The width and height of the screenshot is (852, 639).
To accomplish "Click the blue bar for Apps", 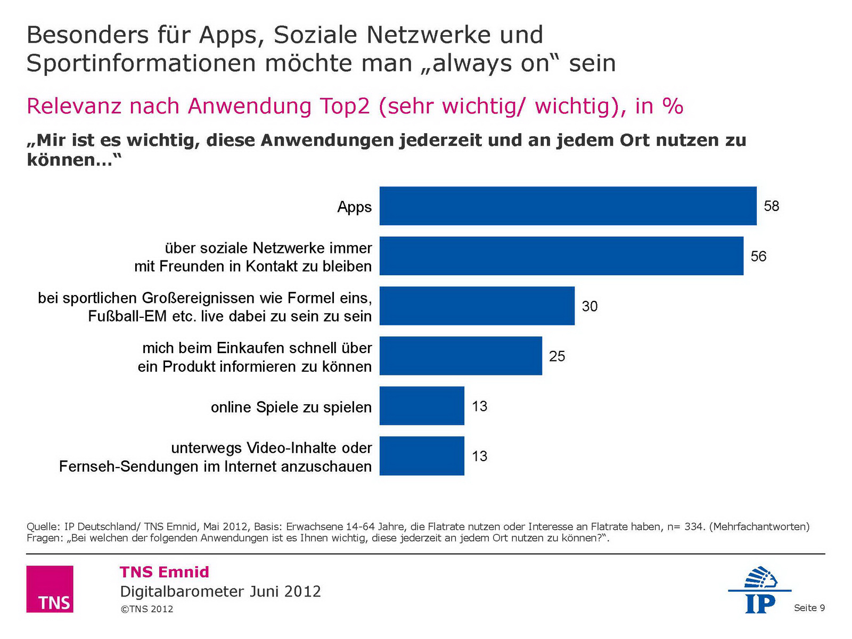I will pos(568,206).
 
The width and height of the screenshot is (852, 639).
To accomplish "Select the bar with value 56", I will pos(561,256).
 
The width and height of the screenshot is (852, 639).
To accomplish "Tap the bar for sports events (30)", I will pos(477,306).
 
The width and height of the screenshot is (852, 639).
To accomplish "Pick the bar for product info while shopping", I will pos(461,356).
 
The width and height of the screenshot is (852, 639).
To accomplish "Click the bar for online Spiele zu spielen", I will pos(422,406).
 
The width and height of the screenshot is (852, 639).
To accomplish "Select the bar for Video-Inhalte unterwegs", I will pos(422,456).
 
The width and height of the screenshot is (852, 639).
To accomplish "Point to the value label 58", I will pos(772,206).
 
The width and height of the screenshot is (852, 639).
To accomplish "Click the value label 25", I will pos(557,356).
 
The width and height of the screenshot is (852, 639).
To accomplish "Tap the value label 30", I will pos(589,306).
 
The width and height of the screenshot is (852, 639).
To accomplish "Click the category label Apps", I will pos(355,207).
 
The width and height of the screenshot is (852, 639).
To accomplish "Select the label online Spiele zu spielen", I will pos(291,407).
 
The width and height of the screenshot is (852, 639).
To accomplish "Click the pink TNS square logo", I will pos(50,589).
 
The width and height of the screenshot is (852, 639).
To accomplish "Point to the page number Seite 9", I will pos(809,608).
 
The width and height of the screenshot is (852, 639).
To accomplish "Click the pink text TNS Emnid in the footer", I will pos(165,572).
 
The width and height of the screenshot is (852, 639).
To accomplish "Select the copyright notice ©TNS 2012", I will pos(147,609).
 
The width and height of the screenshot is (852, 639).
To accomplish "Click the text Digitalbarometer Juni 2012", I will pos(220,592).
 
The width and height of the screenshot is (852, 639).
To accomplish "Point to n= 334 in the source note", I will pos(685,527).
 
